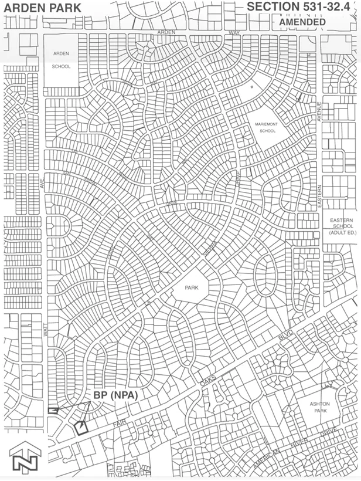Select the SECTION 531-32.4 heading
(301, 7)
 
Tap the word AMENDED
(302, 22)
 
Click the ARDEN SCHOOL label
(62, 60)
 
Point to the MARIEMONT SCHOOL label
(260, 128)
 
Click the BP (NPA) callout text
(115, 395)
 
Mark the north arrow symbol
(22, 458)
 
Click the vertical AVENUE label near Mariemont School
(320, 111)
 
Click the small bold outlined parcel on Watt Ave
(53, 411)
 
